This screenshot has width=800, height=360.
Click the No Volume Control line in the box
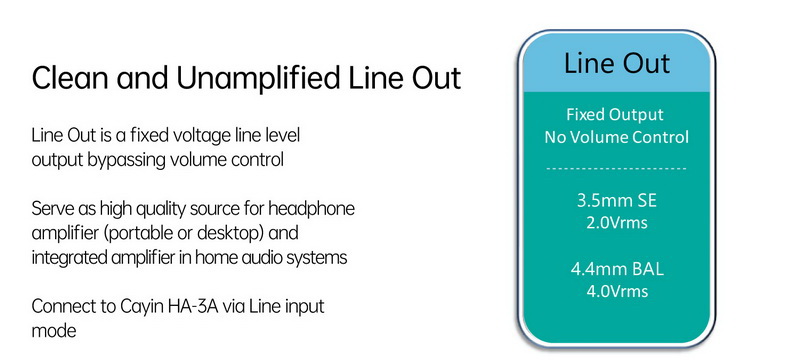point(616,136)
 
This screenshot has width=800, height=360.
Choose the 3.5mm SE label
point(616,200)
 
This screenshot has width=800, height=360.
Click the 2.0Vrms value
point(616,221)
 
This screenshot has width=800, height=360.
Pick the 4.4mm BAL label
point(616,270)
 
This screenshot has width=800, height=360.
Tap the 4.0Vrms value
point(616,292)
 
